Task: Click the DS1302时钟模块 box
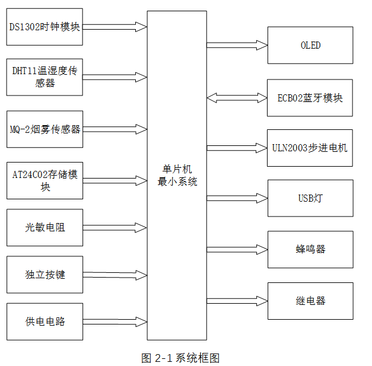tap(45, 27)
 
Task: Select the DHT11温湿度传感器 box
tap(45, 77)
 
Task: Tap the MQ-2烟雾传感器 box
tap(45, 129)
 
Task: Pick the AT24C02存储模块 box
tap(45, 180)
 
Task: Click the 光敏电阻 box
tap(45, 227)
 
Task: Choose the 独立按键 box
tap(45, 275)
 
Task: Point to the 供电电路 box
tap(45, 322)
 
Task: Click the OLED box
tap(310, 45)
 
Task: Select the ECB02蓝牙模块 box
tap(310, 98)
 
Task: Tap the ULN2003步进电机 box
tap(310, 148)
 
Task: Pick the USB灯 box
tap(310, 198)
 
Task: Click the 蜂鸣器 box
tap(310, 249)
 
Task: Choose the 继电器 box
tap(310, 301)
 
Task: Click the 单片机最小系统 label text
tap(177, 176)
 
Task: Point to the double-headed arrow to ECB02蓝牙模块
tap(237, 97)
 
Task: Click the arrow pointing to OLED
tap(237, 44)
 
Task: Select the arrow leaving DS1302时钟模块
tap(115, 27)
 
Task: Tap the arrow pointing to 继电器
tap(237, 300)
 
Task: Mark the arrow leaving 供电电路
tap(115, 322)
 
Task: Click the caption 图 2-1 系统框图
tap(181, 358)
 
